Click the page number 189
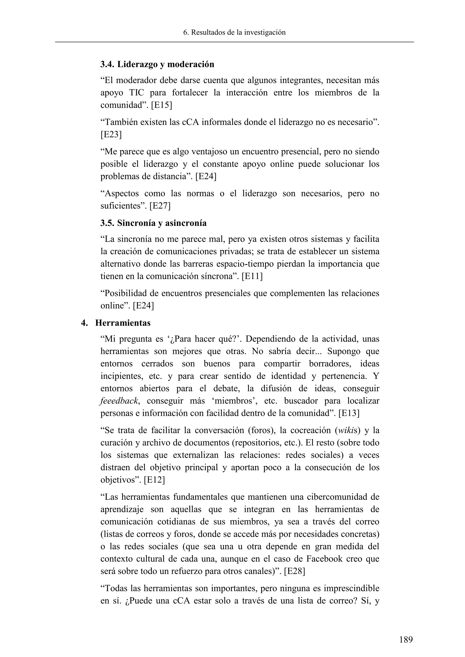point(406,639)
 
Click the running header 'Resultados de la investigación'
point(238,33)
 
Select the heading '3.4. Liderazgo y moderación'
point(157,64)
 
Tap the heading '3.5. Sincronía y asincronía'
point(153,223)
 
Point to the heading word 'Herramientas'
point(123,323)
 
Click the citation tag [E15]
point(161,105)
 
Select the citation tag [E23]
point(111,135)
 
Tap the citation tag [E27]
point(160,206)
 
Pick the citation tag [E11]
point(252,276)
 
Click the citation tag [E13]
point(349,413)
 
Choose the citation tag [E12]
point(154,480)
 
